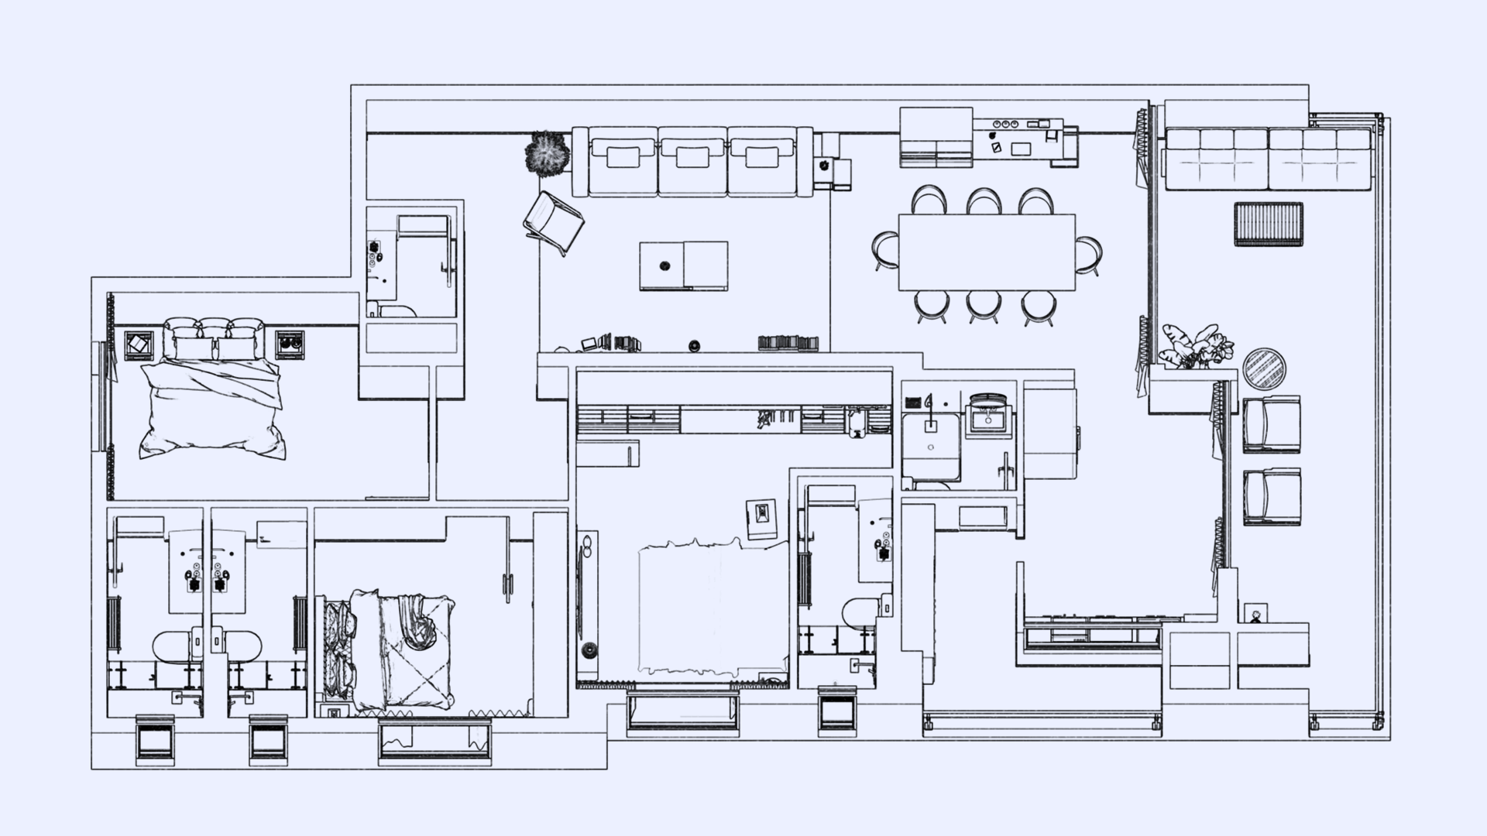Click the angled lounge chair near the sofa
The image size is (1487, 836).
[x=553, y=223]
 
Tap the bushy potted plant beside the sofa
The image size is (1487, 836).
[x=548, y=153]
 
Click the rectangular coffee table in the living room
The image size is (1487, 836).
[x=683, y=266]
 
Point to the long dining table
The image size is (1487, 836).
[x=986, y=252]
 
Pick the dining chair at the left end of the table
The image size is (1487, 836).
[x=884, y=251]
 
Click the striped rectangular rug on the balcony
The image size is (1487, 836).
[x=1268, y=224]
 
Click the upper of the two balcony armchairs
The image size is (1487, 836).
[x=1271, y=424]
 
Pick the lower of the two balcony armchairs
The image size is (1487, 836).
[x=1271, y=497]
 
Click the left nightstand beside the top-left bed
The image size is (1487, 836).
[x=139, y=344]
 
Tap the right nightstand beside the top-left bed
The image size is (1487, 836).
[x=290, y=344]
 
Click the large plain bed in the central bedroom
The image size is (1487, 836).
[x=711, y=608]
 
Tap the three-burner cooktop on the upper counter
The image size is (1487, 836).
[x=1006, y=123]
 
